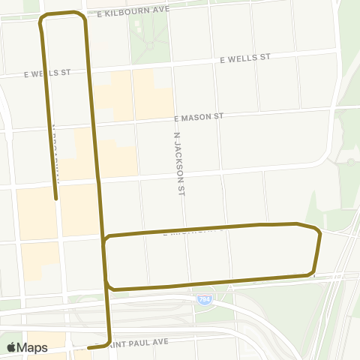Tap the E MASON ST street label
pyautogui.click(x=199, y=118)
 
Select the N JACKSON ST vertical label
pyautogui.click(x=178, y=164)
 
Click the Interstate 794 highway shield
pyautogui.click(x=204, y=299)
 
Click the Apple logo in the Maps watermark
pyautogui.click(x=11, y=347)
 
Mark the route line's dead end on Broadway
pyautogui.click(x=55, y=199)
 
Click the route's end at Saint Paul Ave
pyautogui.click(x=88, y=348)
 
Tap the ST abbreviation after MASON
pyautogui.click(x=218, y=116)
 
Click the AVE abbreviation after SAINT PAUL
pyautogui.click(x=171, y=341)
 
